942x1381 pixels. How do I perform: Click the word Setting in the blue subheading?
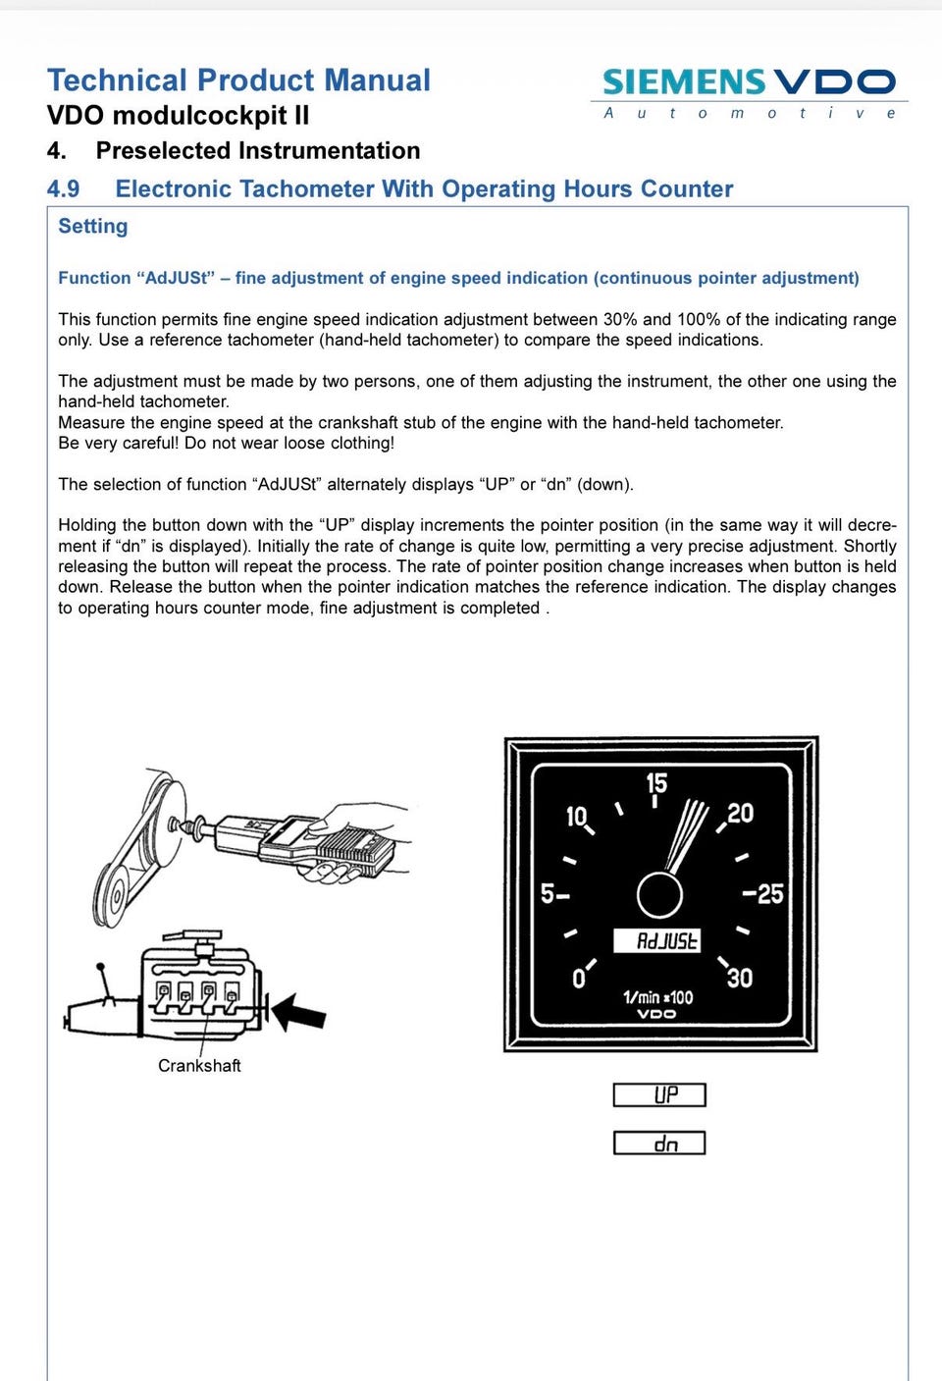click(x=93, y=227)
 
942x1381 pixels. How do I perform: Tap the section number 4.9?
click(x=63, y=189)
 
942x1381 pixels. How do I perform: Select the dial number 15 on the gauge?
click(x=656, y=783)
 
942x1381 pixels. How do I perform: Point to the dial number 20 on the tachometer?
click(x=741, y=813)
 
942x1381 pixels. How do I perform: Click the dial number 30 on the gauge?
click(x=740, y=978)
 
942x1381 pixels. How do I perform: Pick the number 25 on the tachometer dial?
click(x=770, y=893)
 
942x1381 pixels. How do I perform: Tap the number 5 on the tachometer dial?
click(x=548, y=893)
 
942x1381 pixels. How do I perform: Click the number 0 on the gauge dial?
click(x=578, y=979)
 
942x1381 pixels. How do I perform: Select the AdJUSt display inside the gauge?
click(x=656, y=941)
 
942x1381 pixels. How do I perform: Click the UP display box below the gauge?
click(x=659, y=1095)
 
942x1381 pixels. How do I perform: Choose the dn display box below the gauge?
click(x=659, y=1143)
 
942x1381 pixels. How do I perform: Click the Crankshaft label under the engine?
click(x=199, y=1066)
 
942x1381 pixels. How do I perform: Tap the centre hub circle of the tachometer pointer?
click(x=659, y=894)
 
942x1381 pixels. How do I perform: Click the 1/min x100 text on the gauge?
click(x=657, y=997)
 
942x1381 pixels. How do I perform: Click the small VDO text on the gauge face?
click(x=656, y=1014)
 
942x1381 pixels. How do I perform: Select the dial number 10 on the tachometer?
click(x=576, y=817)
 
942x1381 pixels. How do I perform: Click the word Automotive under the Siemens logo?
click(x=749, y=113)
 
